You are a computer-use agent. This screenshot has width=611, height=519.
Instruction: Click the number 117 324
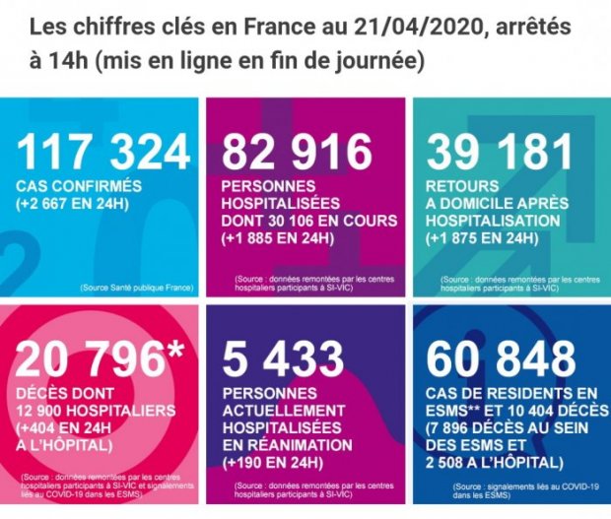103,151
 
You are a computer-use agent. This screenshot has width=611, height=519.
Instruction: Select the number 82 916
297,151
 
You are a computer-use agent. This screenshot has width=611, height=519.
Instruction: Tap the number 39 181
500,151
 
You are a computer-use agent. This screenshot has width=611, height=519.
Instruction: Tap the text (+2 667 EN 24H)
85,204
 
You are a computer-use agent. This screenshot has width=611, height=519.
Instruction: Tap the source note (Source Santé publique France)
139,288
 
